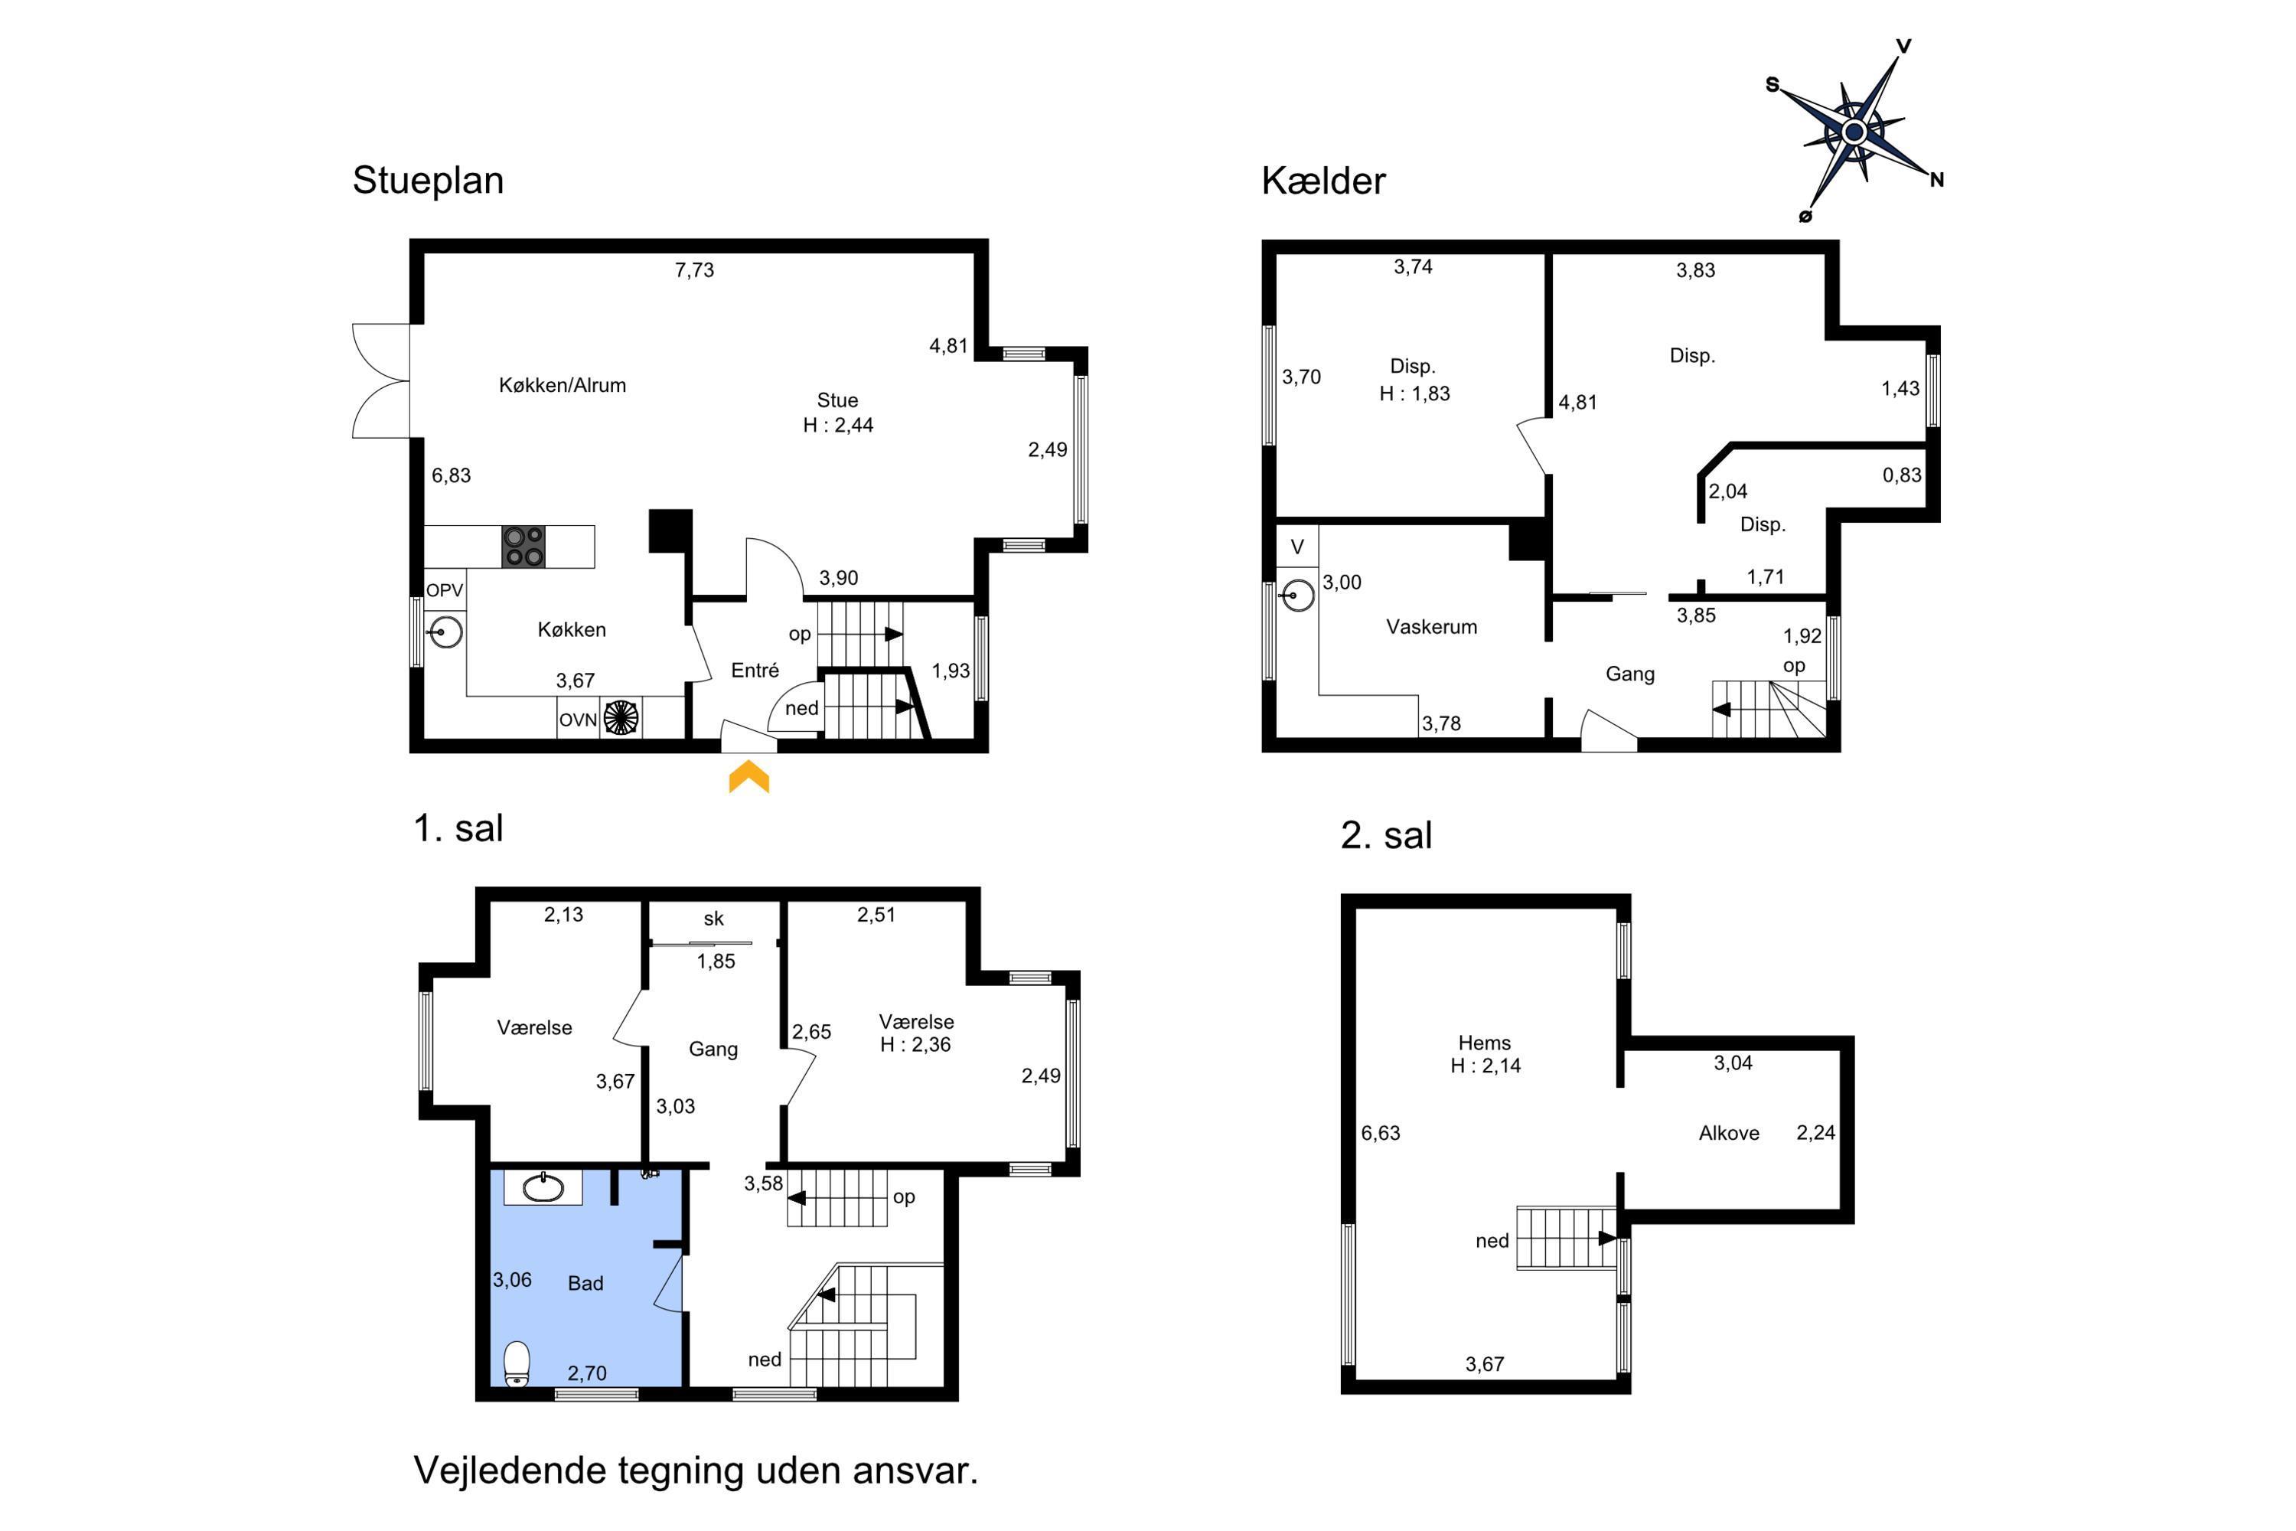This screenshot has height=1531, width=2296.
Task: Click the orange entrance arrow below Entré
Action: [x=748, y=779]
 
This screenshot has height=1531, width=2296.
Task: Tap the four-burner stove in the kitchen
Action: [x=523, y=547]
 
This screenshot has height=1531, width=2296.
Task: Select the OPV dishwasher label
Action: [x=444, y=589]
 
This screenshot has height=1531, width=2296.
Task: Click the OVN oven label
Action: [x=578, y=720]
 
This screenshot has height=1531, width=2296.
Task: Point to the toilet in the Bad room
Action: [x=517, y=1364]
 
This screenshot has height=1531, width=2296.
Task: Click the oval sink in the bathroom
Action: [x=543, y=1188]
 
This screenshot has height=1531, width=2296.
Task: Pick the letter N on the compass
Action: [x=1937, y=180]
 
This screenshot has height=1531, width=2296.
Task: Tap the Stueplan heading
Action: [x=428, y=181]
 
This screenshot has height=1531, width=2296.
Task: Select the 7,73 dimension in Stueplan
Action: [x=694, y=270]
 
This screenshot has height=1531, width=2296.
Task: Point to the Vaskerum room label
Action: [x=1431, y=627]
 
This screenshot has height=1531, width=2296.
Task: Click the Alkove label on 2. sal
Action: [x=1729, y=1133]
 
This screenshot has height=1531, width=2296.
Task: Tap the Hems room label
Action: [x=1484, y=1043]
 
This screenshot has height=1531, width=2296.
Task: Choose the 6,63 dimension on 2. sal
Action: [x=1381, y=1133]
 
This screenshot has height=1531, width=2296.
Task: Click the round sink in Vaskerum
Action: [x=1297, y=595]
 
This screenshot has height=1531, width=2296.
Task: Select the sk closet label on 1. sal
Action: [x=713, y=919]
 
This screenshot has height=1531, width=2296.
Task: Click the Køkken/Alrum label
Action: [x=563, y=386]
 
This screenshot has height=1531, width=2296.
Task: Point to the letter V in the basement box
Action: [x=1297, y=548]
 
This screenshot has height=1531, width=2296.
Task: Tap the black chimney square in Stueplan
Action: [x=670, y=531]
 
